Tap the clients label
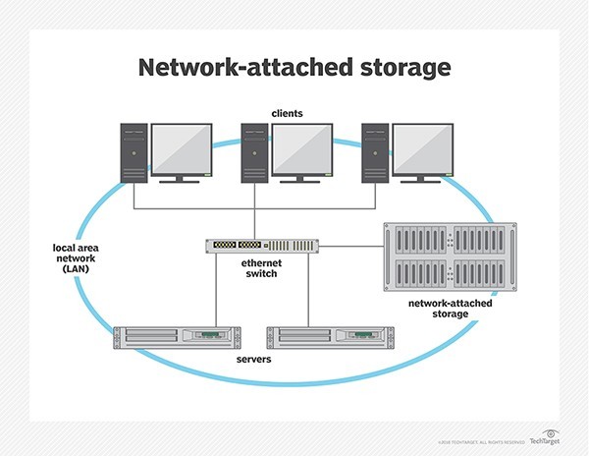288,114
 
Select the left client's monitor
182,149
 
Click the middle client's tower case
255,153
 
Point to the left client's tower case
134,153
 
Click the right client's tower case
375,153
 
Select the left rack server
178,336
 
